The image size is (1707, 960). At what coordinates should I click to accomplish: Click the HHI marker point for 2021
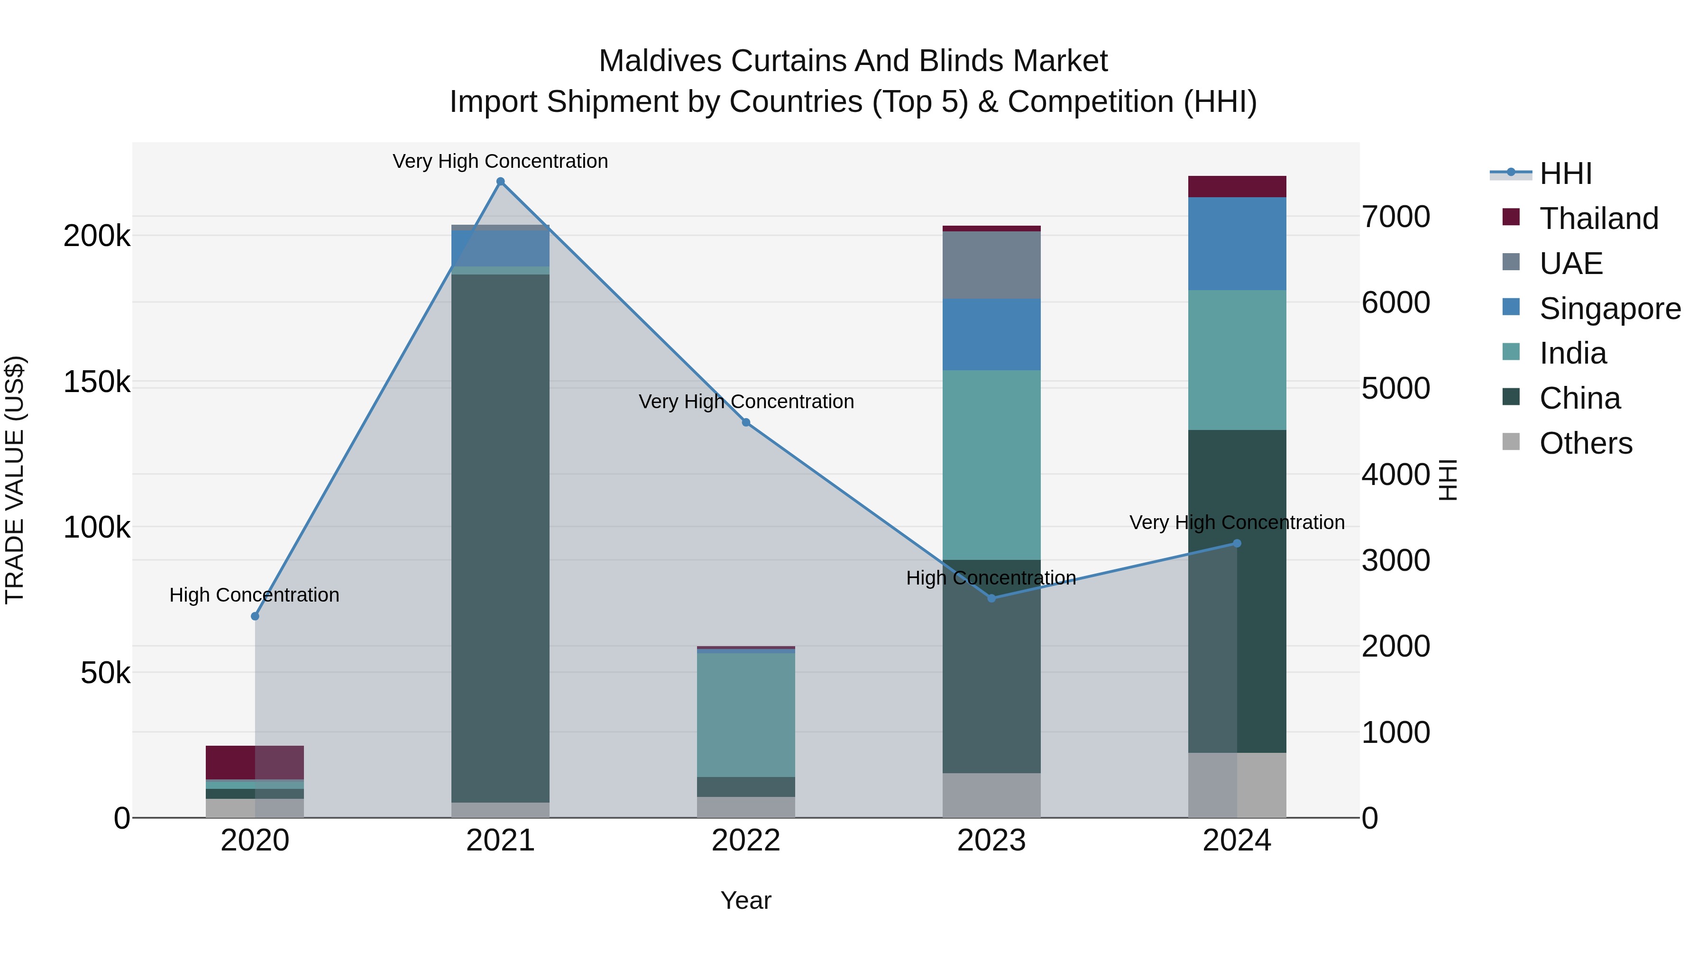click(500, 182)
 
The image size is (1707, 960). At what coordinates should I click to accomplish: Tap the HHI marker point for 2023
click(991, 598)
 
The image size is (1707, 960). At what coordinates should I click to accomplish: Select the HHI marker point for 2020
click(255, 616)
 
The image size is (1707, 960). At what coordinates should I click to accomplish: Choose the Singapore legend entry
click(1609, 309)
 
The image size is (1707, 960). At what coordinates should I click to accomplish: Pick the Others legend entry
click(1585, 443)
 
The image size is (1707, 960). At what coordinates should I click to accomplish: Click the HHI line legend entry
click(1565, 174)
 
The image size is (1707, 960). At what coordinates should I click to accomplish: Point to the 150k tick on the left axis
click(97, 382)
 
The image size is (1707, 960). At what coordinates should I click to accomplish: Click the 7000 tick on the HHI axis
click(1395, 217)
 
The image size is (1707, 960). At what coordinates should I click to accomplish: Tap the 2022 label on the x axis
click(745, 841)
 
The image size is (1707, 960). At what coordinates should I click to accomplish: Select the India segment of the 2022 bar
click(745, 715)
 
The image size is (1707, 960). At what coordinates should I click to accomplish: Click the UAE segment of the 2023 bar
click(991, 265)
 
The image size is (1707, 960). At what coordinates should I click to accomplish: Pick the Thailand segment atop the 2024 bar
click(1237, 186)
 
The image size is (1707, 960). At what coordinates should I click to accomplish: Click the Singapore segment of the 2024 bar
click(1237, 243)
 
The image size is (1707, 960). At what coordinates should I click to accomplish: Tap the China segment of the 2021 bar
click(500, 537)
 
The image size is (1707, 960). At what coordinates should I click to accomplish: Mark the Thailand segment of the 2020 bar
click(255, 762)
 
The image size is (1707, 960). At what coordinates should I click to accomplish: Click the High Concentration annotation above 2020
click(255, 595)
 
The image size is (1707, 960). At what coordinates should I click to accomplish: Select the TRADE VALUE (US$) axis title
click(15, 480)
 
